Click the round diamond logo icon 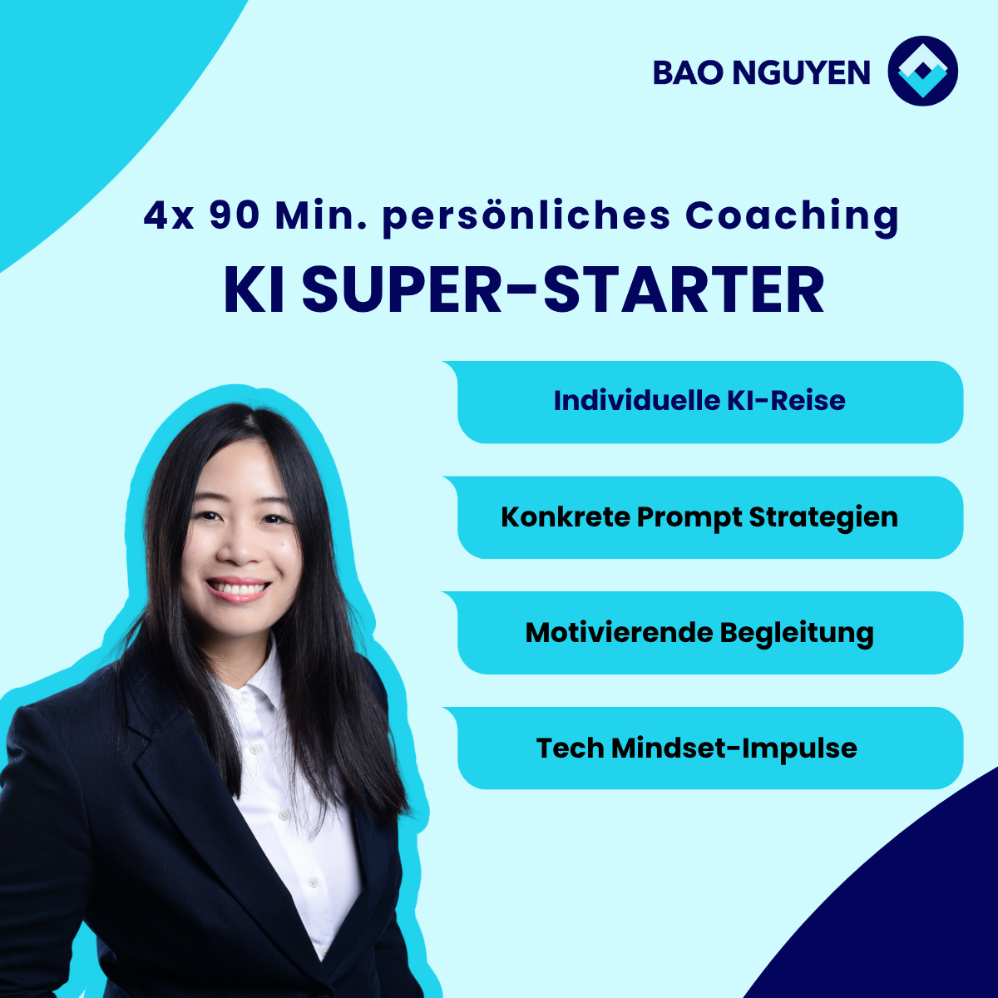tap(922, 71)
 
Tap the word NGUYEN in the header tap(801, 72)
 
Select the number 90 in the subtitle tap(234, 215)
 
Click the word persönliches tap(526, 218)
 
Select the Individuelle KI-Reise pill tap(703, 402)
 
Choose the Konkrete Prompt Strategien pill tap(703, 517)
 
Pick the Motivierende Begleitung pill tap(703, 633)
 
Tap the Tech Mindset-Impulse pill tap(703, 748)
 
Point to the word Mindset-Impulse tap(734, 748)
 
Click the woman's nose tap(240, 548)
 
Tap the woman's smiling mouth tap(239, 590)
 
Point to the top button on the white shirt tap(254, 749)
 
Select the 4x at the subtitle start tap(169, 216)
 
